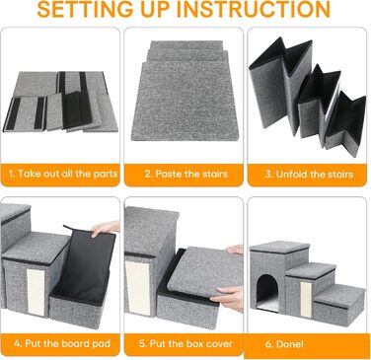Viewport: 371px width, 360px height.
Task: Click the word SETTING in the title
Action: pyautogui.click(x=86, y=9)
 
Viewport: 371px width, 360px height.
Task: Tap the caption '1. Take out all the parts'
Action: pyautogui.click(x=63, y=174)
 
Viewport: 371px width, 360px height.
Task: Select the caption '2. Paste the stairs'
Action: pyautogui.click(x=186, y=174)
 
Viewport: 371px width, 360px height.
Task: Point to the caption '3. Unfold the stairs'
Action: pyautogui.click(x=309, y=174)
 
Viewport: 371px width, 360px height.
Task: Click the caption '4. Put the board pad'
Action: pyautogui.click(x=62, y=343)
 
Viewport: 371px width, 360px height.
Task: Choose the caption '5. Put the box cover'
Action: pyautogui.click(x=185, y=344)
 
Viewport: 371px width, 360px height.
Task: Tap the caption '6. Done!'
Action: pyautogui.click(x=284, y=344)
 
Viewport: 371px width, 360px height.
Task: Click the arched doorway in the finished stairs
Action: pyautogui.click(x=267, y=293)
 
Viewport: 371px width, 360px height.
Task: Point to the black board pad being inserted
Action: pyautogui.click(x=84, y=263)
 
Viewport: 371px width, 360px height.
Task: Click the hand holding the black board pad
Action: pyautogui.click(x=105, y=228)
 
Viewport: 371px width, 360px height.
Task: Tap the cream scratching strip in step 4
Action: pyautogui.click(x=36, y=291)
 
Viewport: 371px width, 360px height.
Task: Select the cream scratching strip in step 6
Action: pyautogui.click(x=306, y=300)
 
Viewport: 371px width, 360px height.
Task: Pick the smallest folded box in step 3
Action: pyautogui.click(x=345, y=124)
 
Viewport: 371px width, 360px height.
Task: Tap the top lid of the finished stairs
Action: pyautogui.click(x=280, y=247)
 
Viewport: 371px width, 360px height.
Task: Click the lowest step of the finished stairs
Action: pyautogui.click(x=337, y=306)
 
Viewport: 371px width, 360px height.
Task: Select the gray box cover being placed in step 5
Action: pyautogui.click(x=205, y=270)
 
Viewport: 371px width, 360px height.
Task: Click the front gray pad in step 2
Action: pyautogui.click(x=186, y=102)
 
